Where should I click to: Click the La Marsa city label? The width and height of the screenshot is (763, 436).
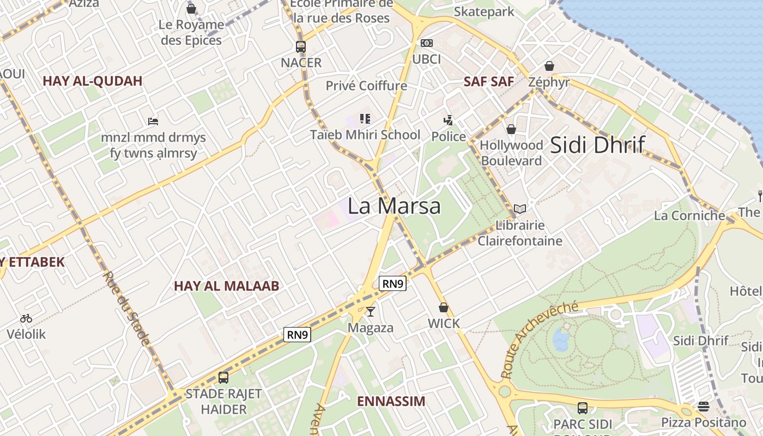point(394,206)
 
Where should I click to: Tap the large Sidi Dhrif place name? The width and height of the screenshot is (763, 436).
point(597,145)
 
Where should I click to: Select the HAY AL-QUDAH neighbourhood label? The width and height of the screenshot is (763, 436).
point(92,81)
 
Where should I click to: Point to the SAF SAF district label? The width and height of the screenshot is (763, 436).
point(488,82)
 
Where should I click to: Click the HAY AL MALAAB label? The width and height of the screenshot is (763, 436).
point(226,286)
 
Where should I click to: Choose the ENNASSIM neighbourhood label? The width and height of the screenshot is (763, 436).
point(391,402)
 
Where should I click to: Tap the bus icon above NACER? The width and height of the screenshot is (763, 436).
point(301,46)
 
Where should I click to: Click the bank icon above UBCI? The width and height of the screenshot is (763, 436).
point(426,43)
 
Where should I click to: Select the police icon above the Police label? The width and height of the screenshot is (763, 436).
point(448,120)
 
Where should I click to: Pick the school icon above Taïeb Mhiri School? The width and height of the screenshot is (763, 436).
point(365,118)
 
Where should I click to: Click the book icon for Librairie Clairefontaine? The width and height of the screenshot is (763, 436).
point(520,209)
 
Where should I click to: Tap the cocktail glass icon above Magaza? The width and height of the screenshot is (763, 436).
point(371,311)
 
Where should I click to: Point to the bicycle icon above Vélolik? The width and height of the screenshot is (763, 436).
point(26,318)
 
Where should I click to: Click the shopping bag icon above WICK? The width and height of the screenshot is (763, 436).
point(444,307)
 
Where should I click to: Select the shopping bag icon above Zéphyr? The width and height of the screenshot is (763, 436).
point(549,66)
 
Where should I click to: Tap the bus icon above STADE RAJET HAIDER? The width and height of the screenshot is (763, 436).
point(223,377)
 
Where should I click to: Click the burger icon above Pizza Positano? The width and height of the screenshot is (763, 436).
point(704,407)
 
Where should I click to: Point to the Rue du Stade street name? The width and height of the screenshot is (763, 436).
point(125,308)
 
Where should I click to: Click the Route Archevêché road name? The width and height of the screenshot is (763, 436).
point(539,340)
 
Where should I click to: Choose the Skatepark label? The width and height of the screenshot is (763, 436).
point(484,11)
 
